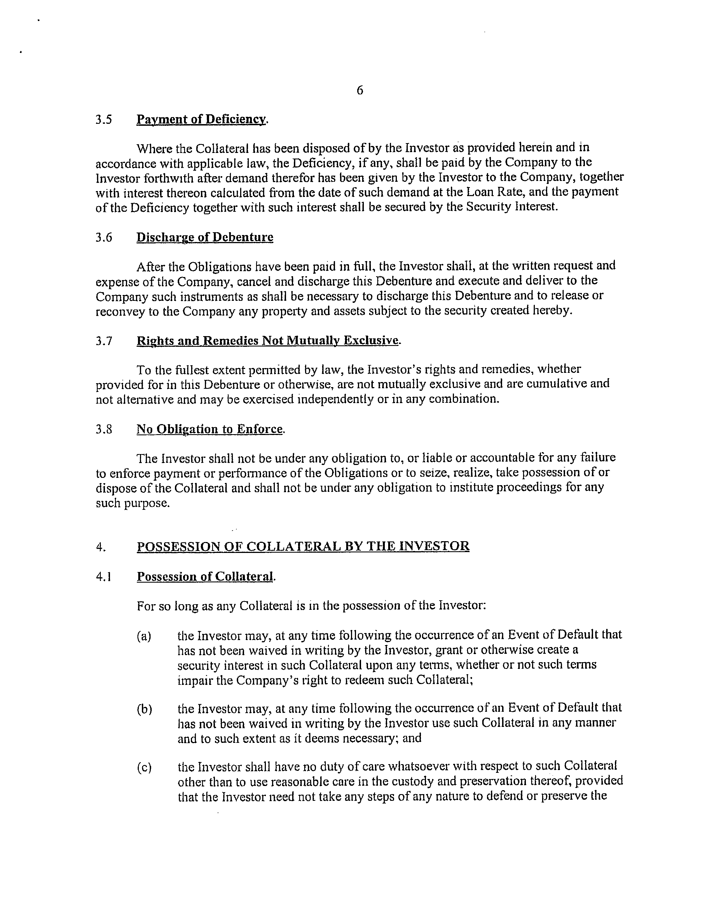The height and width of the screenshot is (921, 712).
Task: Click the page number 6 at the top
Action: coord(359,90)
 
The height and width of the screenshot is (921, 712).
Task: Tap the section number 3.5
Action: coord(104,120)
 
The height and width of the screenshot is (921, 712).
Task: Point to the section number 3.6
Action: coord(104,238)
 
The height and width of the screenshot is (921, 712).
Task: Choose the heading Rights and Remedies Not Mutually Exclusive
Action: coord(268,340)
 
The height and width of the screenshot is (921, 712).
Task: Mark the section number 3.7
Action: coord(104,341)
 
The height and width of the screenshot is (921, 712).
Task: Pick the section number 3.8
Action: coord(104,429)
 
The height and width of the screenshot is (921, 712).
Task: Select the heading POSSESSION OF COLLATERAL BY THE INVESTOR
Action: coord(303,546)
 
